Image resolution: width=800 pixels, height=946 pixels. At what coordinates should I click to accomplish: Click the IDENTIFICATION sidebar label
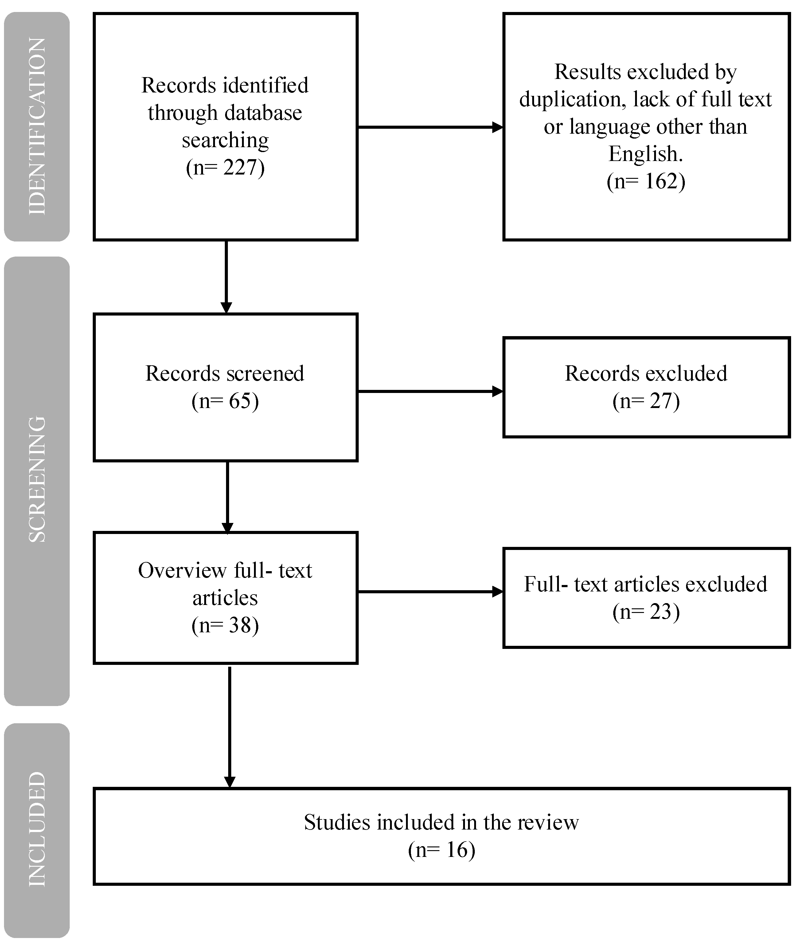click(37, 127)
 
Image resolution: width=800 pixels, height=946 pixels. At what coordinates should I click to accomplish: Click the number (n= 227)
click(225, 167)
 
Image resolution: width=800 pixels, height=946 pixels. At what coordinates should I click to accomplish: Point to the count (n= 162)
click(646, 181)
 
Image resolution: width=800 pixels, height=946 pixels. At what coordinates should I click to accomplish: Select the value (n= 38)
click(225, 625)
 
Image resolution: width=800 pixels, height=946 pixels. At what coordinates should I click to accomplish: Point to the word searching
click(225, 140)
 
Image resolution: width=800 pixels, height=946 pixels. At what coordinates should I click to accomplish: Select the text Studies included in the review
click(441, 822)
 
